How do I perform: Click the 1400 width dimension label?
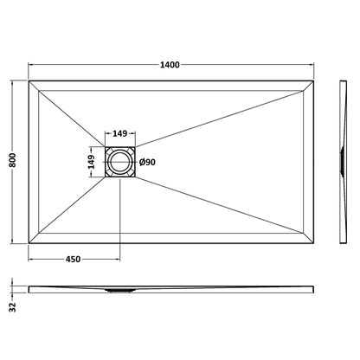170,65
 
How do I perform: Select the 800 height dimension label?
13,160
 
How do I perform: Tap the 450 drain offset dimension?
73,260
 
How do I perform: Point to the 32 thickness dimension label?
13,307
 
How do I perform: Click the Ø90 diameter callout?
147,163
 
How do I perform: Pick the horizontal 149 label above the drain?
119,133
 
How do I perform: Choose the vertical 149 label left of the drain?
92,162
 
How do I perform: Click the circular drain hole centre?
119,162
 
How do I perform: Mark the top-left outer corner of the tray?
29,81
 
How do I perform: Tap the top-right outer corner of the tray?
313,81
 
